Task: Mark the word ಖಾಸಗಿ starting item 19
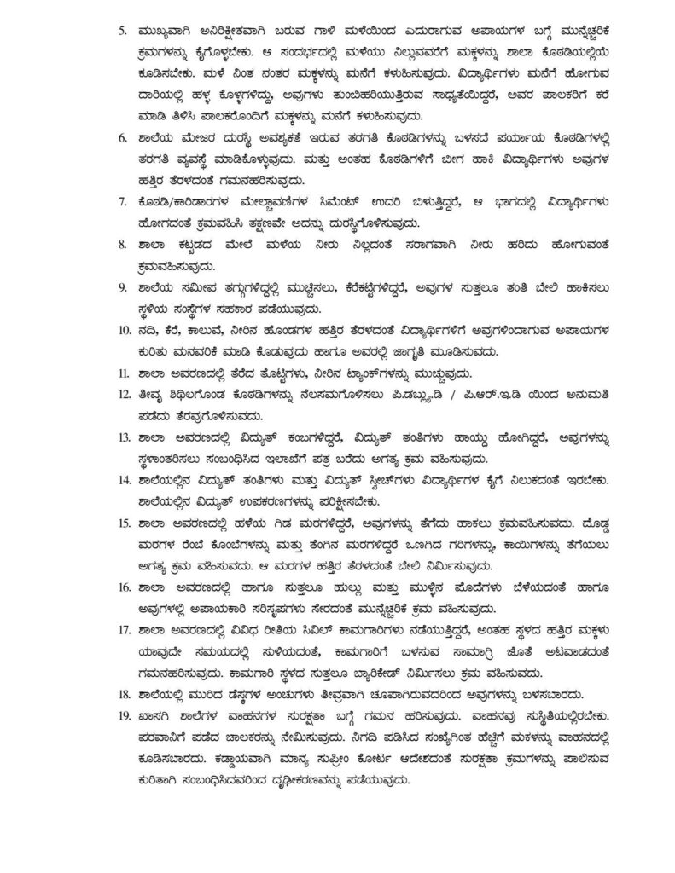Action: [158, 720]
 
